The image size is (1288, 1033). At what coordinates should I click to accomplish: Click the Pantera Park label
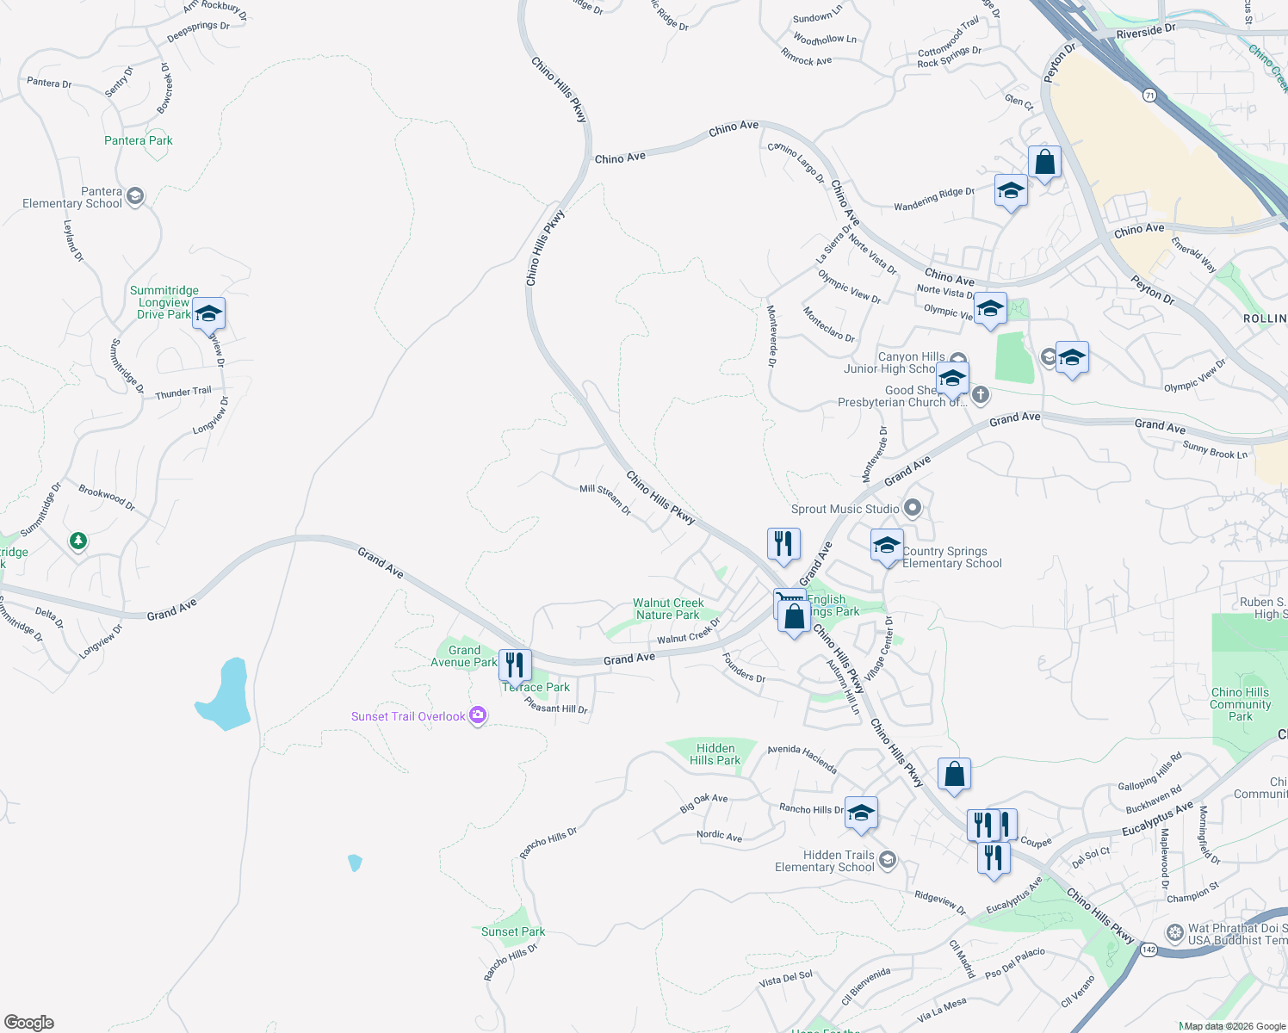coord(139,140)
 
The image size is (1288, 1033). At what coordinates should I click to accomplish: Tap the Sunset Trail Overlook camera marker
coord(478,715)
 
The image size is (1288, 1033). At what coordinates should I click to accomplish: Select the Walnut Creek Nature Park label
coord(668,609)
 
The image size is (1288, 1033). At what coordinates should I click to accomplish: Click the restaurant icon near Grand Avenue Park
coord(515,665)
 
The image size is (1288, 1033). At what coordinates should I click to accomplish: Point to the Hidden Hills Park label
coord(715,754)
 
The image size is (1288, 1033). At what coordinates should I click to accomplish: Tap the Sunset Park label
coord(513,931)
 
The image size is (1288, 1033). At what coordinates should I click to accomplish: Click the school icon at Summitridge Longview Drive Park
coord(208,313)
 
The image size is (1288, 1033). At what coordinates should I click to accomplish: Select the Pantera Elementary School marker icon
coord(135,197)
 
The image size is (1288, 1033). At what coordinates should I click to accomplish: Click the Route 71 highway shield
coord(1149,95)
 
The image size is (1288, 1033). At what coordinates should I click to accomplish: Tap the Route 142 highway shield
coord(1149,949)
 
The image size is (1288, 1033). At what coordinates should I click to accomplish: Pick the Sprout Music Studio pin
coord(913,508)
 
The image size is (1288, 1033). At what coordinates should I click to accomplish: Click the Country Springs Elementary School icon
coord(887,546)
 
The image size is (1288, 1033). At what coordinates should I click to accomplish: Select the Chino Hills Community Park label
coord(1240,704)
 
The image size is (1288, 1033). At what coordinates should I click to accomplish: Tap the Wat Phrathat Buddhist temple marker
coord(1174,933)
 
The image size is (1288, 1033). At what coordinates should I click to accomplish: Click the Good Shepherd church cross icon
coord(980,395)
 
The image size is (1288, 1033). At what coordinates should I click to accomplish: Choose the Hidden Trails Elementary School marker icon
coord(888,859)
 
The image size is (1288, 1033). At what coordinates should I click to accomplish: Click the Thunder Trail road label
coord(183,393)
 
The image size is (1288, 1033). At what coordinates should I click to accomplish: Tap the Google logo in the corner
coord(29,1023)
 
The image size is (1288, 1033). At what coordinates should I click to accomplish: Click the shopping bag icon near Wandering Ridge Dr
coord(1044,162)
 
